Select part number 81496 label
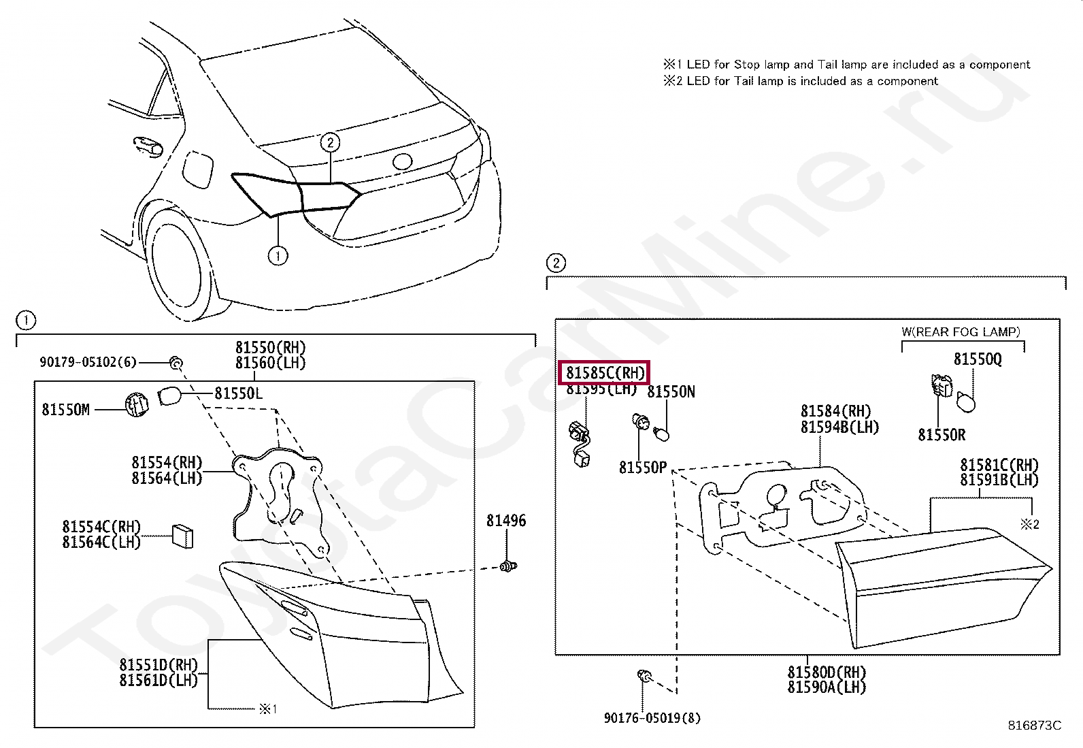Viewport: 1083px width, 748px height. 505,521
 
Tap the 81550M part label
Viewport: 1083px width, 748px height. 65,409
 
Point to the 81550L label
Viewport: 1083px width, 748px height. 238,393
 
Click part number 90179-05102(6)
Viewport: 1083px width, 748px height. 88,362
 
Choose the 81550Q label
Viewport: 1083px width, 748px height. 977,359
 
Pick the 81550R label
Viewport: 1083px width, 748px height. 942,434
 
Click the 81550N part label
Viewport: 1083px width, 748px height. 671,392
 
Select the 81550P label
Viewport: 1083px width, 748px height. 643,468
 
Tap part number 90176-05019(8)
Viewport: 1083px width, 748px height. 652,717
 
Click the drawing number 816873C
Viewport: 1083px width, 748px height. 1034,726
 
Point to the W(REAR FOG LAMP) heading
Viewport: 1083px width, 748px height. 961,331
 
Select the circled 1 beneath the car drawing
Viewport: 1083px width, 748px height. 278,256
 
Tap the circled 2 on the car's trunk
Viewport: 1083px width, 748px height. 330,142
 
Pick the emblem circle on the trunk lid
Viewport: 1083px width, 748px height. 402,161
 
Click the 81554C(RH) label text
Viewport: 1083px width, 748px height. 101,527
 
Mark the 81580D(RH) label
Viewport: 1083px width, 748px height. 827,672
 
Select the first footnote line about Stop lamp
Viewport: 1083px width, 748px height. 846,65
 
